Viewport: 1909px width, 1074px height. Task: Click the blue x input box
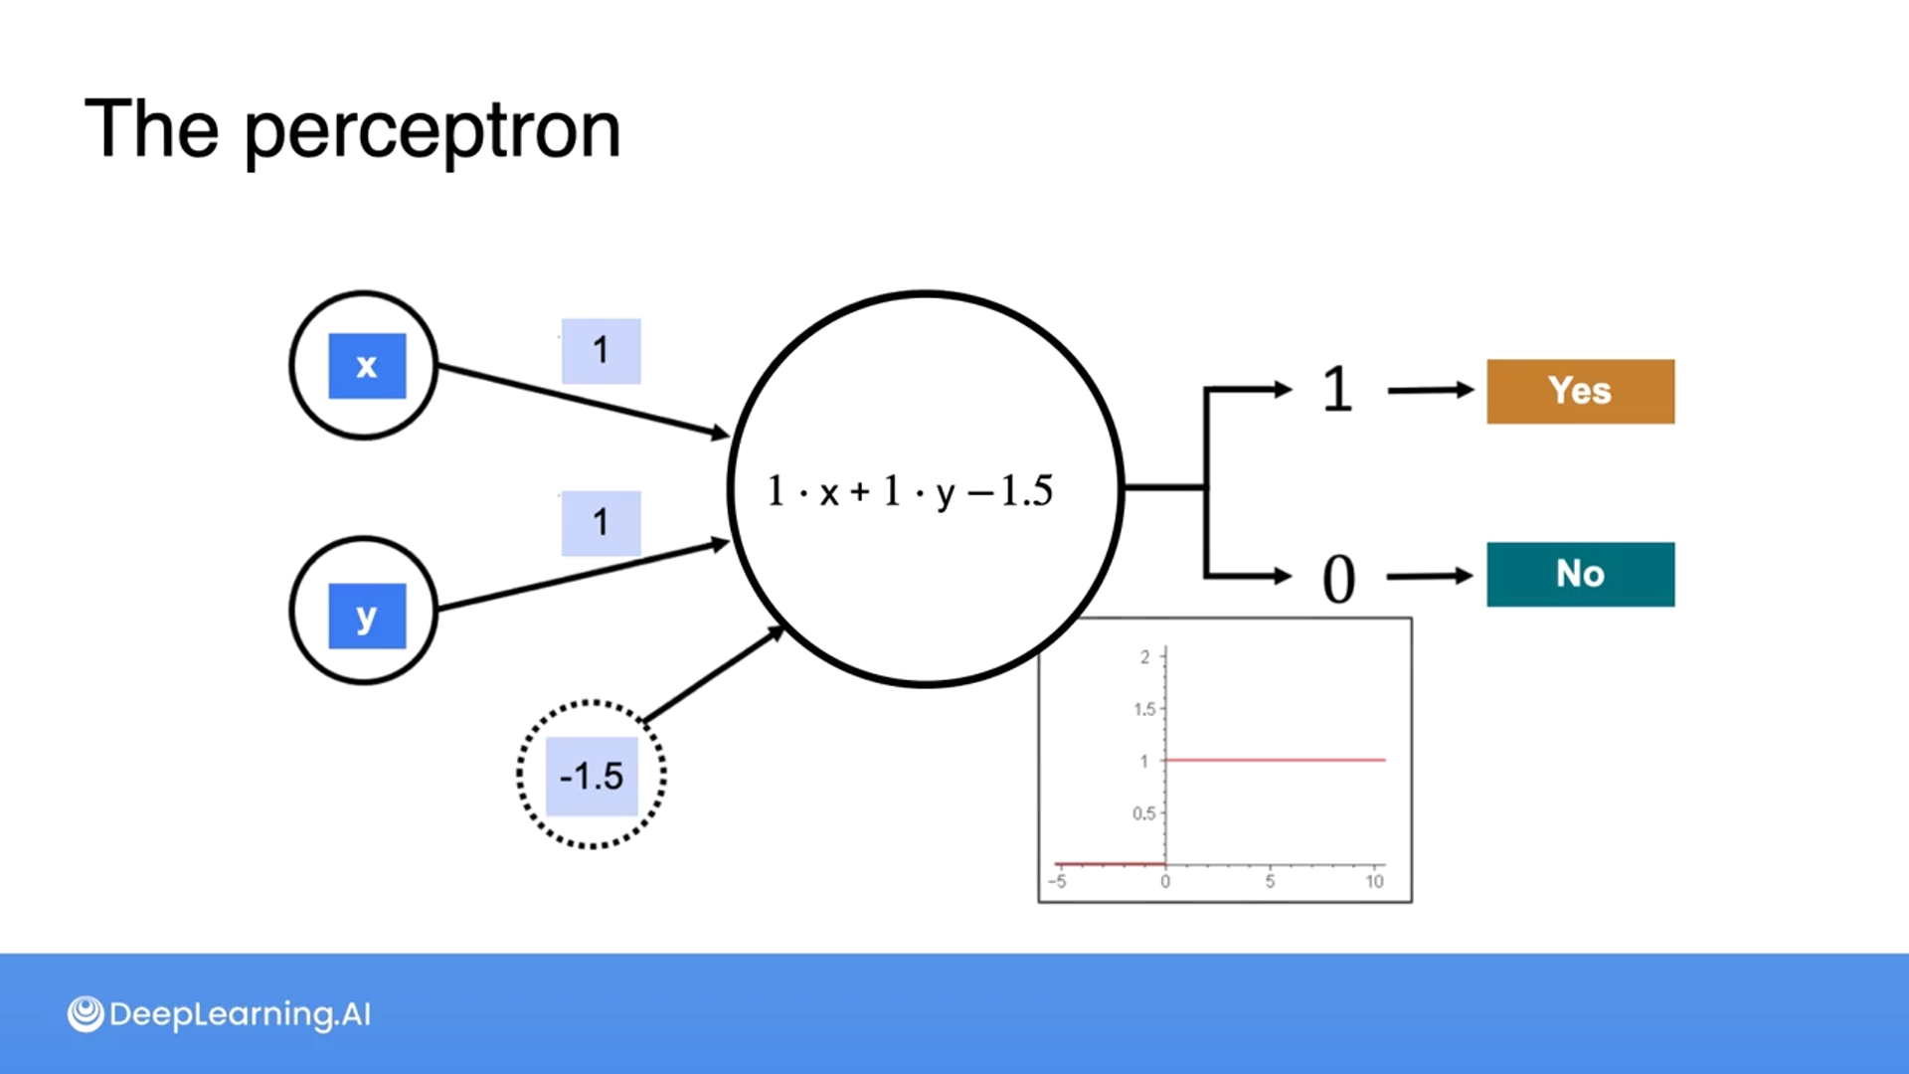pyautogui.click(x=367, y=366)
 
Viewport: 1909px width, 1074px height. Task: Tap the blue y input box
pyautogui.click(x=367, y=616)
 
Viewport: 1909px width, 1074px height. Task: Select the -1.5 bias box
pyautogui.click(x=592, y=776)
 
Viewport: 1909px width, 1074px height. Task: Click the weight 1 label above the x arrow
pyautogui.click(x=601, y=351)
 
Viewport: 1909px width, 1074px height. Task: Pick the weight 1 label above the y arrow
pyautogui.click(x=601, y=523)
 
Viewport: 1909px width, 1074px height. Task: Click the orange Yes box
pyautogui.click(x=1580, y=392)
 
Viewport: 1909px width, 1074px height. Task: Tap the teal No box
pyautogui.click(x=1580, y=575)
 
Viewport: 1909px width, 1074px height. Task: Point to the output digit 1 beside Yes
pyautogui.click(x=1337, y=390)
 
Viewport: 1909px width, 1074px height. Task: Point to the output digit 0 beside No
pyautogui.click(x=1338, y=579)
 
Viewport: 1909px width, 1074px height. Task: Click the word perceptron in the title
pyautogui.click(x=433, y=130)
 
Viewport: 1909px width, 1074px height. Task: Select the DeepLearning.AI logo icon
pyautogui.click(x=86, y=1014)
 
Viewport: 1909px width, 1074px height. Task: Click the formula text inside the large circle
pyautogui.click(x=909, y=491)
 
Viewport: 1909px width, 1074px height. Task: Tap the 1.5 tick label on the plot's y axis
pyautogui.click(x=1144, y=709)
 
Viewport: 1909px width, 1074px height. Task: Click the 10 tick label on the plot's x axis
pyautogui.click(x=1374, y=881)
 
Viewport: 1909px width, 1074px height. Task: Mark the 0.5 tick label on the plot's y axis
pyautogui.click(x=1144, y=813)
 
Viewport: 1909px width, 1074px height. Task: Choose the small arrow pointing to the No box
pyautogui.click(x=1429, y=576)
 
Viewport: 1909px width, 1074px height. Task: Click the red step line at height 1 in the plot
pyautogui.click(x=1275, y=760)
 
